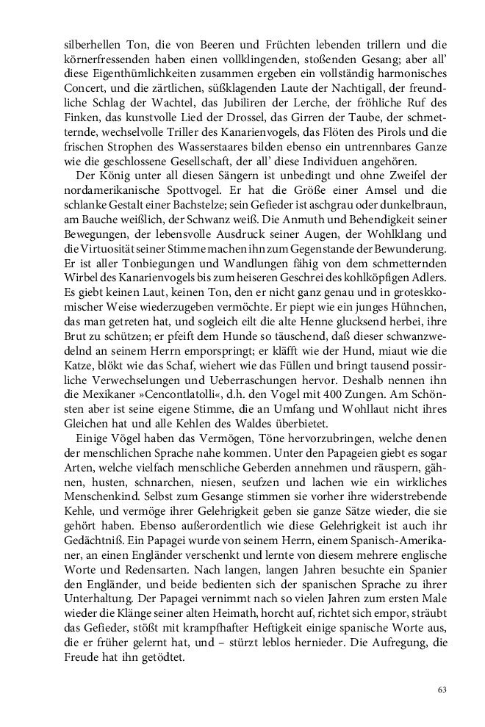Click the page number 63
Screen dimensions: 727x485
[442, 689]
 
